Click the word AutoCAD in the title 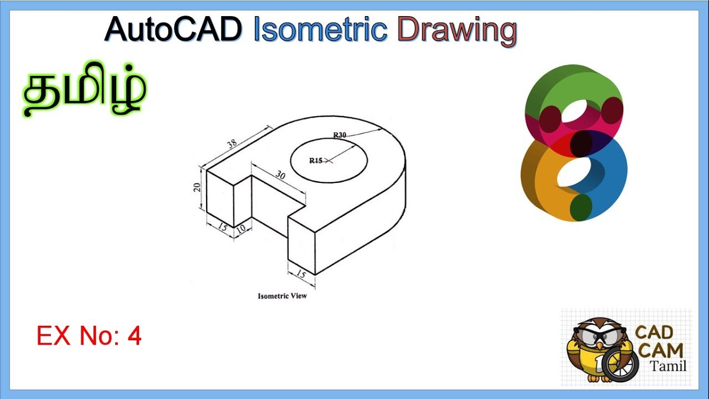click(173, 29)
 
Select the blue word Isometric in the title click(321, 29)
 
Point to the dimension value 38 click(232, 144)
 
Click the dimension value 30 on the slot click(280, 175)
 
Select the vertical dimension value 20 click(197, 187)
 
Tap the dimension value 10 click(241, 229)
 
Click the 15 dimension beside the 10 click(223, 227)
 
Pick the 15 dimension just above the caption click(301, 274)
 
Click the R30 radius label click(340, 135)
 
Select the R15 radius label click(316, 161)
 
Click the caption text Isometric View click(282, 296)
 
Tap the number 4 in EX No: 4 click(135, 336)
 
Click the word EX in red click(54, 336)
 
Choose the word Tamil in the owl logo click(668, 366)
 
